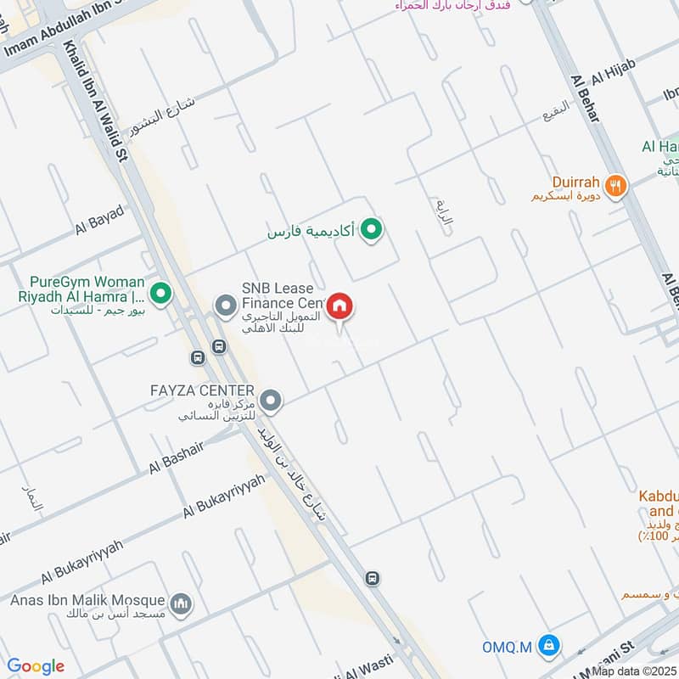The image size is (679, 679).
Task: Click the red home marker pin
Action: coord(339,306)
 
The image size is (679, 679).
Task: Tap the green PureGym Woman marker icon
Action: coord(160,295)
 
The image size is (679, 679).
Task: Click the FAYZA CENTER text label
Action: coord(203,390)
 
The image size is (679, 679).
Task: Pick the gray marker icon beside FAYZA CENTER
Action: coord(271,399)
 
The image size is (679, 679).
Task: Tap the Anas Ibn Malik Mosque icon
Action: coord(179,604)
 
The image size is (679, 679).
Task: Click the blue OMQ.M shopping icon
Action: coord(550,647)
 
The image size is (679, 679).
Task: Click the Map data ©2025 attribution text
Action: coord(634,671)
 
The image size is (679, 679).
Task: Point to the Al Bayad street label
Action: coord(99,220)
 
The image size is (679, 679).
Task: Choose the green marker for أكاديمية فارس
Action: coord(370,229)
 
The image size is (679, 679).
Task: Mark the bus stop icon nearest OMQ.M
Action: coord(371,578)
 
